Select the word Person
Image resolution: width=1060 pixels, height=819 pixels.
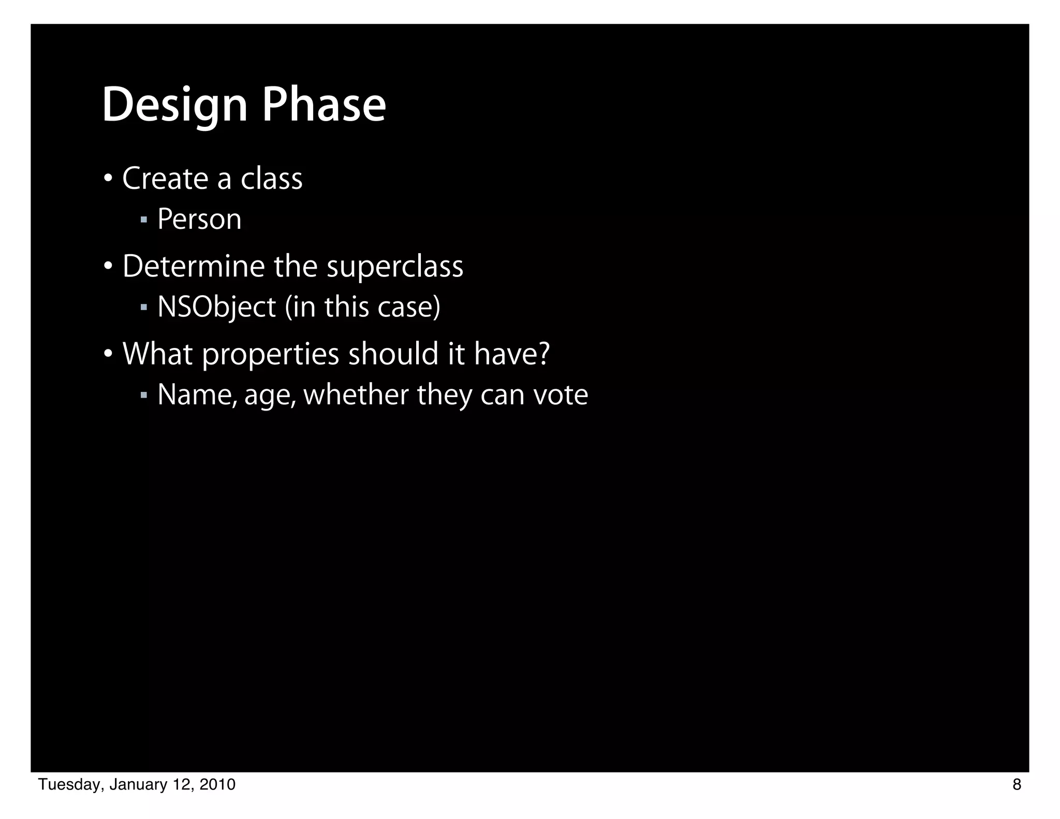(199, 219)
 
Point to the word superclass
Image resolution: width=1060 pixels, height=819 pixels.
(395, 267)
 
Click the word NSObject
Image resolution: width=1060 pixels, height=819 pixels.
(216, 307)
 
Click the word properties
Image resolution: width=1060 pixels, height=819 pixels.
(270, 355)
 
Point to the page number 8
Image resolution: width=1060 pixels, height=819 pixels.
(1017, 785)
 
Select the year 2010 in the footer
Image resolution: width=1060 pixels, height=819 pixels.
(217, 785)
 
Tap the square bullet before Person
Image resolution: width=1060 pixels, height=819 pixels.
(144, 220)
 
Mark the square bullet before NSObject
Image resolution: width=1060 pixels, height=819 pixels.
(144, 308)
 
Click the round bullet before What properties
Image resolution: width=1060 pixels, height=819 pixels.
(108, 355)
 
